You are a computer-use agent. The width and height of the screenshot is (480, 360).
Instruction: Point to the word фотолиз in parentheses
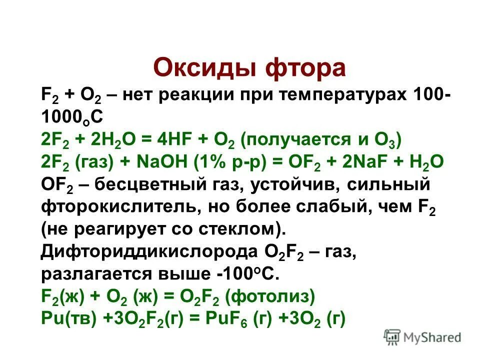(x=270, y=297)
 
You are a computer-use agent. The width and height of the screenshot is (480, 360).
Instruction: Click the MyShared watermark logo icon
(x=392, y=337)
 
